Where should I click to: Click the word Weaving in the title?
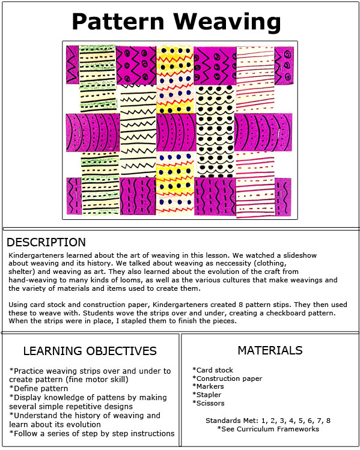pyautogui.click(x=227, y=22)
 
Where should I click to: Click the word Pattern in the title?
pyautogui.click(x=118, y=22)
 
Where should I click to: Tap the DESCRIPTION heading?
pyautogui.click(x=46, y=242)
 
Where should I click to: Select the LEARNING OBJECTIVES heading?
pyautogui.click(x=90, y=351)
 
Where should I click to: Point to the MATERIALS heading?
pyautogui.click(x=270, y=350)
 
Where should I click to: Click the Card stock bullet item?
pyautogui.click(x=213, y=370)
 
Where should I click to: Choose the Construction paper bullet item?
pyautogui.click(x=227, y=379)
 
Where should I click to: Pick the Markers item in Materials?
pyautogui.click(x=208, y=386)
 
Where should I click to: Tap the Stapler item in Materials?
pyautogui.click(x=207, y=395)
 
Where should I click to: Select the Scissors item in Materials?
pyautogui.click(x=209, y=403)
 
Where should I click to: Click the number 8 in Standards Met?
pyautogui.click(x=328, y=421)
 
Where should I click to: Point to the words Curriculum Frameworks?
pyautogui.click(x=278, y=429)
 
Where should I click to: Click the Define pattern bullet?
pyautogui.click(x=38, y=389)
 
